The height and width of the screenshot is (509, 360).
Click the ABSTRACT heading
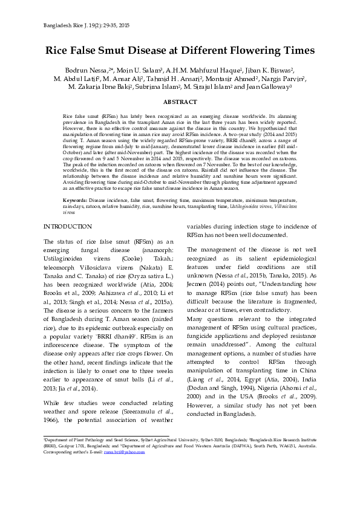[x=180, y=102]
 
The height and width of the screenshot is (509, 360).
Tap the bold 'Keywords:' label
[x=76, y=199]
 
